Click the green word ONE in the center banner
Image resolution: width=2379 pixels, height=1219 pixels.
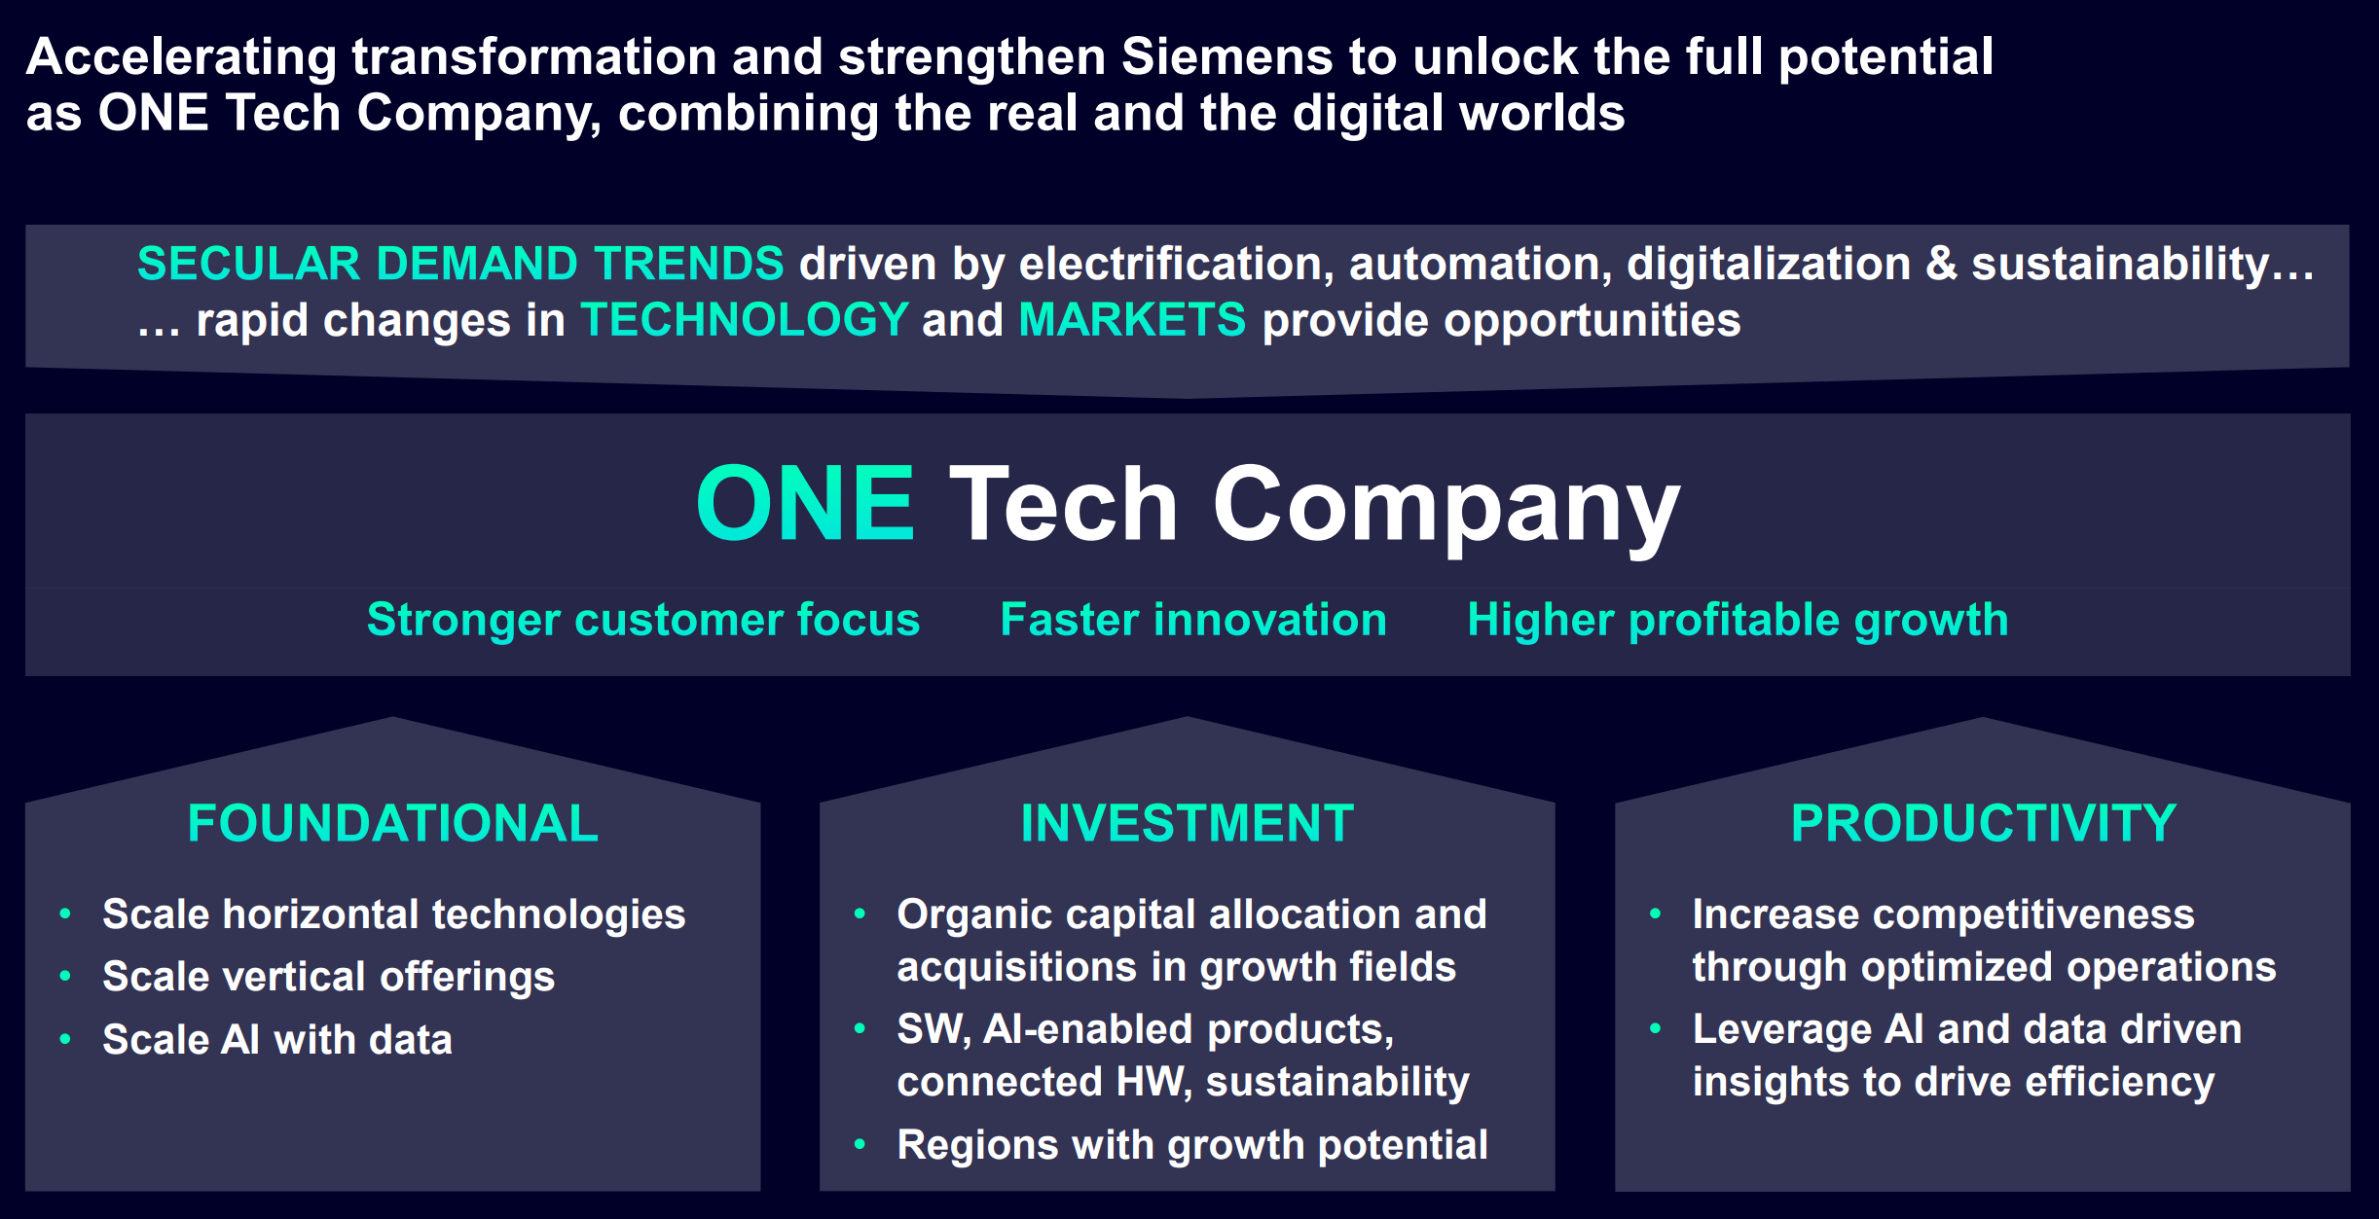point(806,503)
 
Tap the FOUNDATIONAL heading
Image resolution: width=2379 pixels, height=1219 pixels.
point(392,823)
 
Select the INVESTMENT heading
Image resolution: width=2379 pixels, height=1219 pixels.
point(1187,823)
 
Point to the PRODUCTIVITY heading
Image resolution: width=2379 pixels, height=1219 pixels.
point(1983,823)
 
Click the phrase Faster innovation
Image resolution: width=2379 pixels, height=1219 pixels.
point(1193,620)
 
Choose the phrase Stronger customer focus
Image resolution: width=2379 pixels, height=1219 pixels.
point(642,620)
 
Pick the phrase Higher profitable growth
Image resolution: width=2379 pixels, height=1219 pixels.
point(1738,620)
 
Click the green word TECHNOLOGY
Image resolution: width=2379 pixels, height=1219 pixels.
point(745,320)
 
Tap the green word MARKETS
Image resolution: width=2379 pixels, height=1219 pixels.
point(1132,320)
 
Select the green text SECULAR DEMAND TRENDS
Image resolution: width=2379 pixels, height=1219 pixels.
point(460,264)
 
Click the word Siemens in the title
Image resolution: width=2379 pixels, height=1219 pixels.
point(1226,56)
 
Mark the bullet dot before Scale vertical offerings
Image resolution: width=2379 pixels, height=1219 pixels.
point(65,976)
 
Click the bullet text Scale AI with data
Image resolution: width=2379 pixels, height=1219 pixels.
point(277,1040)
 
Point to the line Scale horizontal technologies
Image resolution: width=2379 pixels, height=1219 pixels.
point(393,914)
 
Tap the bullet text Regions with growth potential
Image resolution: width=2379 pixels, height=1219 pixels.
point(1191,1145)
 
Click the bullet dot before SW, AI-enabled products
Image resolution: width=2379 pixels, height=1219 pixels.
point(860,1028)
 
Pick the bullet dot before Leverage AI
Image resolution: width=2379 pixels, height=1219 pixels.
point(1655,1028)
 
